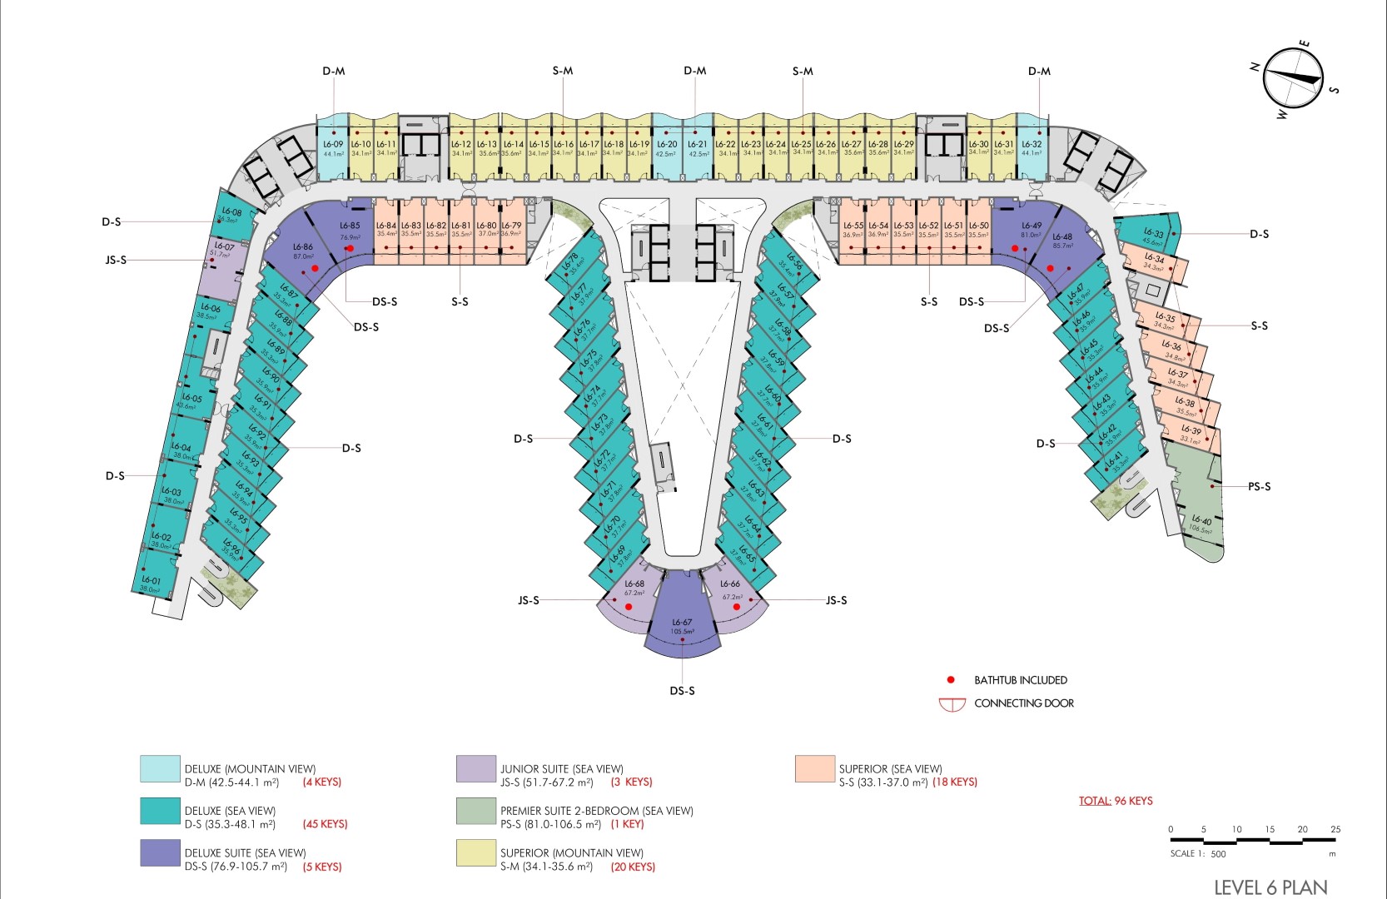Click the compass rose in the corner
point(1293,78)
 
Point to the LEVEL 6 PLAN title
point(1270,887)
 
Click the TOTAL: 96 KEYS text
point(1116,801)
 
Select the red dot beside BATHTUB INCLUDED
point(951,680)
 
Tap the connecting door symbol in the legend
point(952,704)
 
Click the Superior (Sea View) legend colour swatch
point(814,769)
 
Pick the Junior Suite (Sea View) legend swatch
point(476,769)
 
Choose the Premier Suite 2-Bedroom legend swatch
point(476,812)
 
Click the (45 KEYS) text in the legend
point(325,824)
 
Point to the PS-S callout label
point(1259,486)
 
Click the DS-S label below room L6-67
point(682,691)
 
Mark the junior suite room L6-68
point(633,595)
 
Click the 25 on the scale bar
point(1335,829)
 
